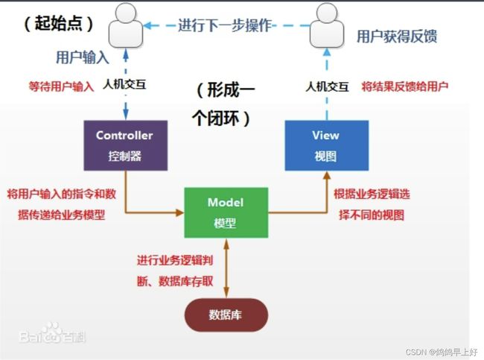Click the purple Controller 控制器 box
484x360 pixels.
[x=126, y=145]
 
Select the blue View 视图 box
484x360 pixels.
[x=327, y=145]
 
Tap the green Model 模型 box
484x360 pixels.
[x=226, y=212]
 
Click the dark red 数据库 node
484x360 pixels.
[x=226, y=315]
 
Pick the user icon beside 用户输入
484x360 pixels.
[x=126, y=25]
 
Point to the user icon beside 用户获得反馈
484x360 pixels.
[x=327, y=25]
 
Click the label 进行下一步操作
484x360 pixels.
[x=225, y=25]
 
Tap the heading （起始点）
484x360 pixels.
[x=59, y=24]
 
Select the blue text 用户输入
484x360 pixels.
[x=83, y=58]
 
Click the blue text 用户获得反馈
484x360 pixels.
[x=397, y=37]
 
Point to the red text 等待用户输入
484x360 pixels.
[x=61, y=86]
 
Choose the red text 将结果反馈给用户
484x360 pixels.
[x=404, y=86]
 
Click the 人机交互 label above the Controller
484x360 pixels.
[x=124, y=84]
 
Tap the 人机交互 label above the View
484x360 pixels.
[x=327, y=87]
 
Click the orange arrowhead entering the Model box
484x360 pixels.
[x=179, y=212]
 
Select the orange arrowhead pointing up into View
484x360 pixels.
[x=327, y=175]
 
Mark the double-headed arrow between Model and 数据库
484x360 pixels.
[x=226, y=268]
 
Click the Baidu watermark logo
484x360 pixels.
[x=52, y=334]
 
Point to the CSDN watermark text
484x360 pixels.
[x=442, y=352]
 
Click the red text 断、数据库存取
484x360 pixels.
[x=175, y=281]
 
